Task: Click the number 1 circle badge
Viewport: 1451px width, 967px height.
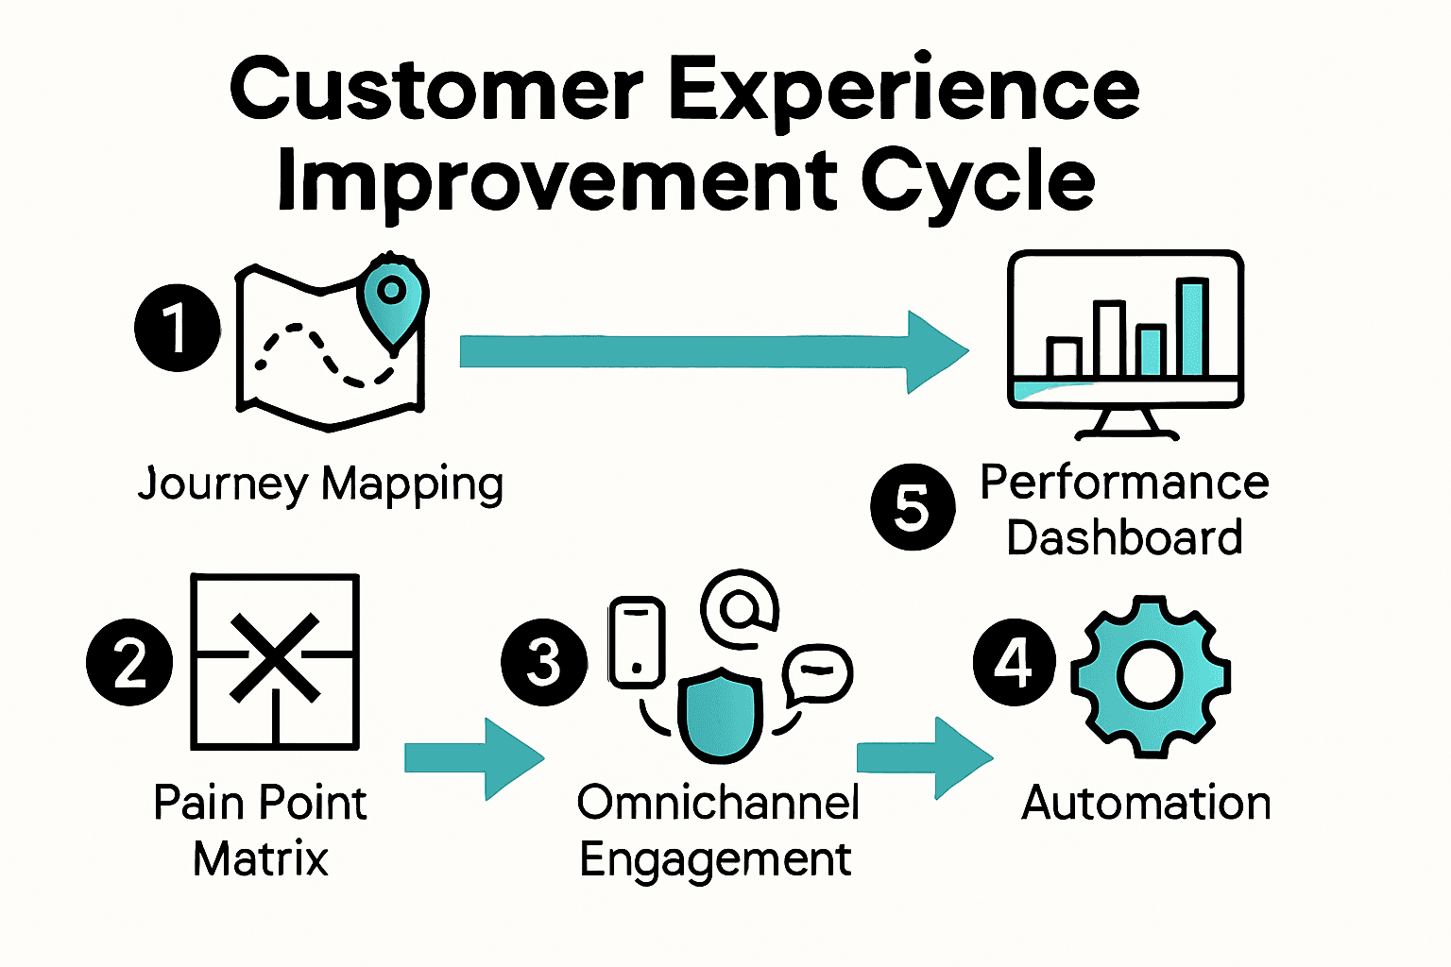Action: (x=177, y=328)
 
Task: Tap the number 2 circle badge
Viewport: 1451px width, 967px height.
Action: (x=129, y=662)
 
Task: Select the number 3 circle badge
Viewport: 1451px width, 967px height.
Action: (x=543, y=662)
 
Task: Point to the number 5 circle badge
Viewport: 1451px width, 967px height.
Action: (x=913, y=507)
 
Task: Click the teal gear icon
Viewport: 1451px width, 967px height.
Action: (x=1150, y=676)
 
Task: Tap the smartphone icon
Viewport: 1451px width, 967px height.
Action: (x=637, y=642)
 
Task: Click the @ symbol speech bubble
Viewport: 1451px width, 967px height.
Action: (x=739, y=608)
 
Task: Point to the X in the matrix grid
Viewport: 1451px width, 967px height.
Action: (x=275, y=658)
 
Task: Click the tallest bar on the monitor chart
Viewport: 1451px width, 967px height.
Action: (x=1191, y=327)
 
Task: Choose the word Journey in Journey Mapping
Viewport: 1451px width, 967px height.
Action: (x=223, y=484)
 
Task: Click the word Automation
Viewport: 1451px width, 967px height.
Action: (x=1146, y=804)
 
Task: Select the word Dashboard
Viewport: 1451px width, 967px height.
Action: (x=1124, y=538)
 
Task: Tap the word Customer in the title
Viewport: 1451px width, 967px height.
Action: (x=436, y=90)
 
